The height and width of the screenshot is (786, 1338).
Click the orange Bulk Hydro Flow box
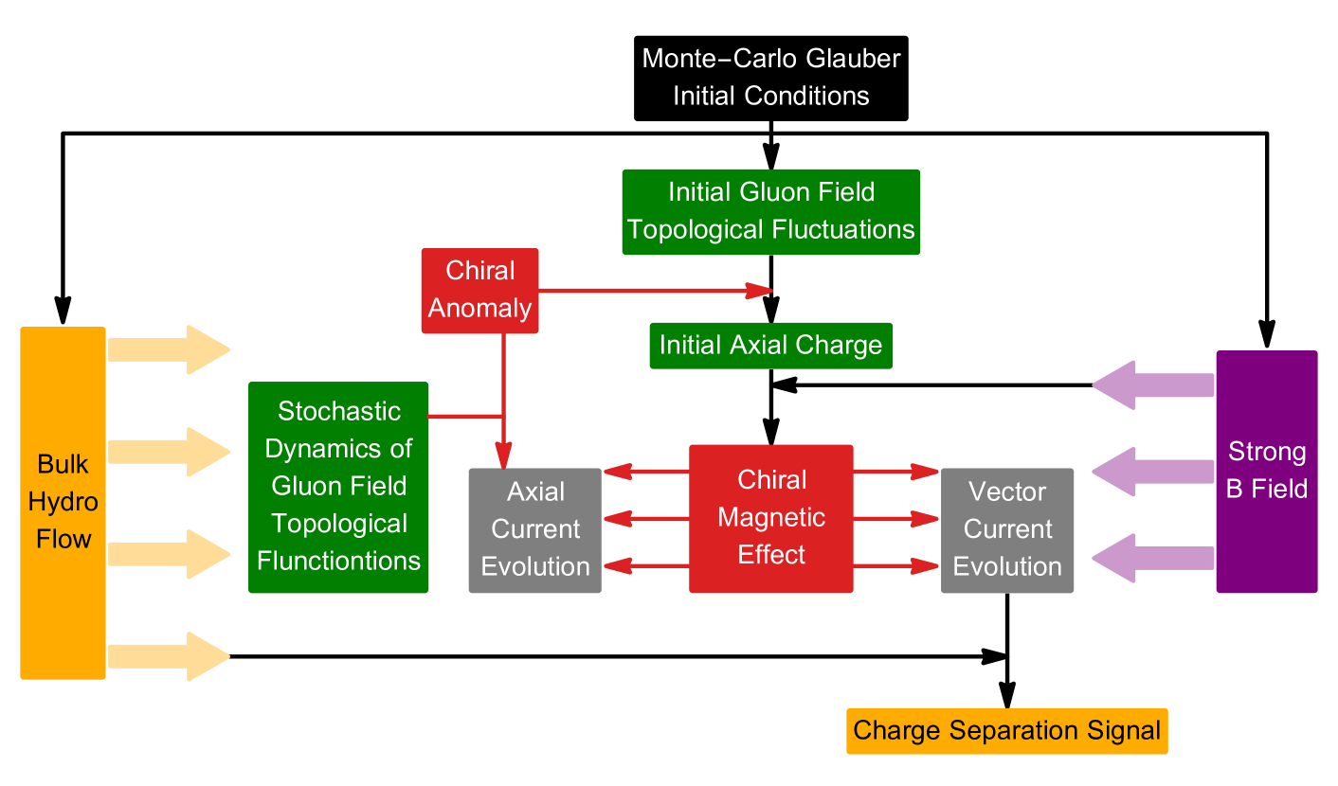point(63,503)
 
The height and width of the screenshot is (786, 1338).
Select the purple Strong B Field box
point(1266,472)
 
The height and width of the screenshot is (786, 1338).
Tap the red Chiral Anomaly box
point(479,291)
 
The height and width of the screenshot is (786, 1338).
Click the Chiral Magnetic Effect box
point(770,519)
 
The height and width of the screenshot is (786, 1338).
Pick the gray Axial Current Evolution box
point(534,530)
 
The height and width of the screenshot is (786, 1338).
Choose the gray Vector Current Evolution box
point(1006,530)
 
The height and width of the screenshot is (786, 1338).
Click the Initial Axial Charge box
point(770,346)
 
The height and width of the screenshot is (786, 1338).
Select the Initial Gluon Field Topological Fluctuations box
point(770,212)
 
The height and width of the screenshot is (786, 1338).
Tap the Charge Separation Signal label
point(1006,731)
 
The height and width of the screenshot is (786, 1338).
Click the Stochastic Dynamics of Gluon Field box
point(338,488)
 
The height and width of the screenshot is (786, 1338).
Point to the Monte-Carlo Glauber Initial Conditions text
point(770,77)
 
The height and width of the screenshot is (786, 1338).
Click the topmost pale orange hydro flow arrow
point(169,349)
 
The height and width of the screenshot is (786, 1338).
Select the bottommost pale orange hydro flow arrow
point(169,656)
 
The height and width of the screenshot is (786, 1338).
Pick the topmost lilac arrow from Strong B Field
point(1153,385)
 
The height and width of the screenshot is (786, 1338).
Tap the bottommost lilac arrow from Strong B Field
point(1153,558)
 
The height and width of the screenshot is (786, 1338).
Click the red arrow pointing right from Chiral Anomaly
point(654,291)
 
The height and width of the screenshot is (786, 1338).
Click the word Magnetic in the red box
point(770,518)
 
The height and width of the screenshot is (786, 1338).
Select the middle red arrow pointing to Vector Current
point(895,519)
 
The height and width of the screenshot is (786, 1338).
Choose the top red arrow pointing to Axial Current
point(645,471)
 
